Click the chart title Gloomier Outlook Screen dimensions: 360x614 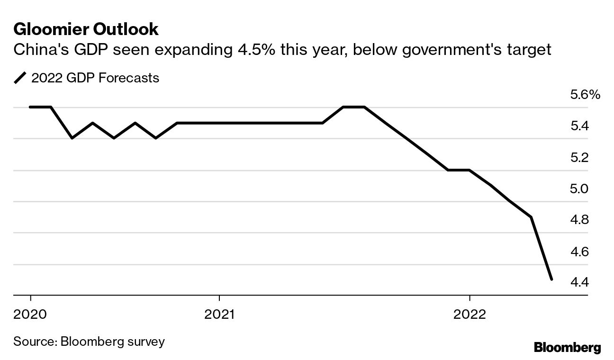tap(86, 30)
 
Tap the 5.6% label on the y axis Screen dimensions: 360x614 tap(585, 95)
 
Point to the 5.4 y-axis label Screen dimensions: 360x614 tap(579, 126)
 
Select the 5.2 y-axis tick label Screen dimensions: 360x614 tap(579, 157)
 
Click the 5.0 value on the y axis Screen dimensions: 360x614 tap(579, 189)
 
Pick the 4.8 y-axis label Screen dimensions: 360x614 tap(579, 220)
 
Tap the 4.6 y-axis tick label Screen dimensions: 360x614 tap(579, 252)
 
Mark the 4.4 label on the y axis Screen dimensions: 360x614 tap(579, 283)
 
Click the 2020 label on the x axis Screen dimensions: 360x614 tap(31, 314)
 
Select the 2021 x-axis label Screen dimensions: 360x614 tap(219, 314)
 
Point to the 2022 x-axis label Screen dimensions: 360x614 tap(469, 314)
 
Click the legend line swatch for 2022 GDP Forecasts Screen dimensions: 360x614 tap(20, 78)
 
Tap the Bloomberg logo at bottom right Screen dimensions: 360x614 tap(567, 348)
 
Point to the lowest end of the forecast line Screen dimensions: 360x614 tap(551, 279)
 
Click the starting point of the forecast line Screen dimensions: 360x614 tap(30, 107)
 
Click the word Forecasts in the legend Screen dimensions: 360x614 tap(129, 78)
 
